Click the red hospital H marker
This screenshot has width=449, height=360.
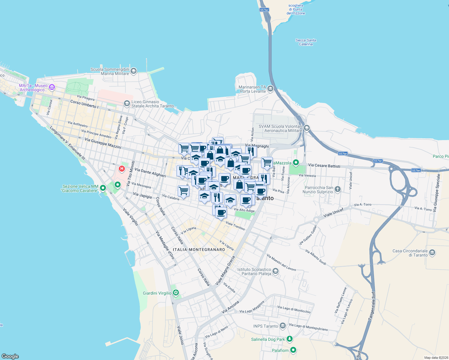click(122, 169)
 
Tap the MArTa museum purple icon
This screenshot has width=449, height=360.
click(52, 87)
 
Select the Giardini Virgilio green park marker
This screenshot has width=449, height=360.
click(176, 293)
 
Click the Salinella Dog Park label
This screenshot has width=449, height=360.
click(268, 339)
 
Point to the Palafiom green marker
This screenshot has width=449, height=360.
click(293, 350)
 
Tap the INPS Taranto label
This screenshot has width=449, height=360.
click(266, 326)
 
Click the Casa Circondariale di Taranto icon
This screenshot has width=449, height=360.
click(432, 253)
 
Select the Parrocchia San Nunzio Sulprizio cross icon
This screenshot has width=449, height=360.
click(338, 189)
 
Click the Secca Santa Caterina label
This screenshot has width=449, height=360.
click(306, 42)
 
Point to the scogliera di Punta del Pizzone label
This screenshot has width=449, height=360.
click(296, 9)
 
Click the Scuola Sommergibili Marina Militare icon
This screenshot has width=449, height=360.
click(134, 71)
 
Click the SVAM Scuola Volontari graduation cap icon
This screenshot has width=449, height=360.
click(306, 128)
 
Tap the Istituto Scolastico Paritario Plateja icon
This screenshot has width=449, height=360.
click(276, 271)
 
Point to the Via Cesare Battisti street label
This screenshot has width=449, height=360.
click(324, 166)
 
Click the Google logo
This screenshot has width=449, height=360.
click(10, 356)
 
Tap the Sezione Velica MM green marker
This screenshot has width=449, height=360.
click(103, 188)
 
